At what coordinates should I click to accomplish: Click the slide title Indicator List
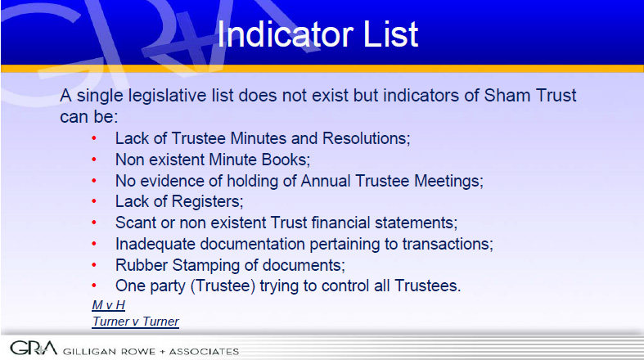click(317, 34)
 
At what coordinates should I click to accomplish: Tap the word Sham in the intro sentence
click(502, 95)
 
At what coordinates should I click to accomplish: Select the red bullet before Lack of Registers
click(94, 201)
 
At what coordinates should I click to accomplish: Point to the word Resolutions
click(367, 138)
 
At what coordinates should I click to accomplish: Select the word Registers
click(207, 202)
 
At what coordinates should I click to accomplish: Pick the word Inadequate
click(155, 245)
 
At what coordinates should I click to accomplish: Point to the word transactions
click(448, 245)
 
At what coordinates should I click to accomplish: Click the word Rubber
click(142, 265)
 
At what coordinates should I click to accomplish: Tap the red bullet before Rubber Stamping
click(94, 265)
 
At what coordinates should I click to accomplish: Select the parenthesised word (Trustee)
click(223, 286)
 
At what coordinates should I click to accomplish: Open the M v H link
click(109, 305)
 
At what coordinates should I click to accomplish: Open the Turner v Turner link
click(136, 322)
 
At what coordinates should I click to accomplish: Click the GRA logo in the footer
click(34, 348)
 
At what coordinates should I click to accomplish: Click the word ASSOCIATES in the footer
click(204, 351)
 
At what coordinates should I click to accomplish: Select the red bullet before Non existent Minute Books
click(94, 160)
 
